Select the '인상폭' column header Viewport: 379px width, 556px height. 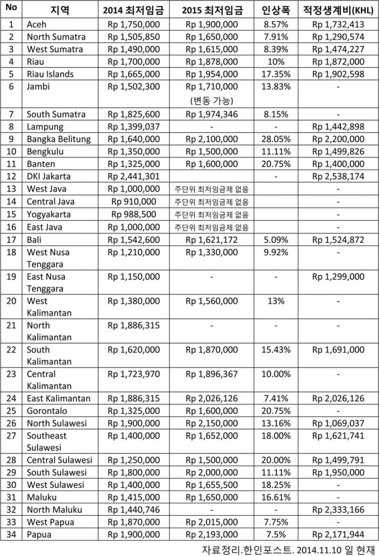pyautogui.click(x=274, y=11)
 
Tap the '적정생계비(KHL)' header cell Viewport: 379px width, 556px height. pyautogui.click(x=339, y=11)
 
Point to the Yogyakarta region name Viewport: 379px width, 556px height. pyautogui.click(x=48, y=214)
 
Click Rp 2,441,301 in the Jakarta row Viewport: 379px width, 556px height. pyautogui.click(x=133, y=176)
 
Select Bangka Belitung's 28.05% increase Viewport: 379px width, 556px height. pyautogui.click(x=274, y=138)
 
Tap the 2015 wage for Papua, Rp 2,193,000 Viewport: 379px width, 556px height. pyautogui.click(x=211, y=534)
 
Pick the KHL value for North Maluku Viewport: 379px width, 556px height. pyautogui.click(x=339, y=509)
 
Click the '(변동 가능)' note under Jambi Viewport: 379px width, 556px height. pyautogui.click(x=211, y=99)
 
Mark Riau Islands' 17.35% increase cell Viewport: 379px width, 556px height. pyautogui.click(x=274, y=74)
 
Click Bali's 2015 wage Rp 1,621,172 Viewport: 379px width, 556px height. pyautogui.click(x=211, y=239)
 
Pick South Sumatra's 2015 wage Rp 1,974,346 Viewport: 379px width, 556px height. pyautogui.click(x=211, y=114)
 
